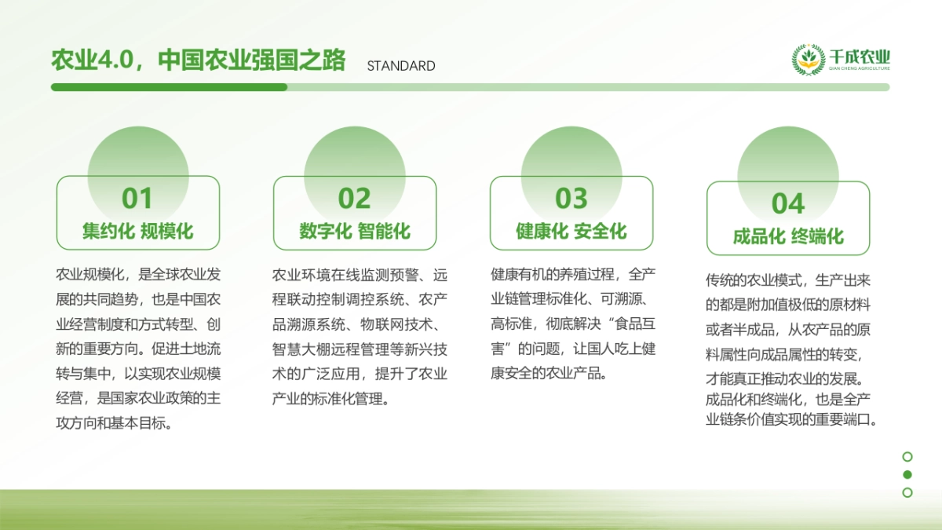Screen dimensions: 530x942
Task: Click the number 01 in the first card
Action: tap(137, 199)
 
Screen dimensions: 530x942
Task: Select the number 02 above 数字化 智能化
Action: tap(354, 199)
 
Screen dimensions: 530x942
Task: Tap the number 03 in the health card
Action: tap(571, 199)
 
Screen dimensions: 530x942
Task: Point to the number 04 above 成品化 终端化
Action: tap(788, 204)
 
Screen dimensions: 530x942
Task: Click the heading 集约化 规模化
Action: tap(137, 232)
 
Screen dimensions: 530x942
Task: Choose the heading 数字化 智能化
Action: tap(354, 232)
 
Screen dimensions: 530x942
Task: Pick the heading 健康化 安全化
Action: tap(571, 232)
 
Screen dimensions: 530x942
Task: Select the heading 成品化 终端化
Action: tap(788, 237)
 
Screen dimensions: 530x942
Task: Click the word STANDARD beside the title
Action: tap(401, 66)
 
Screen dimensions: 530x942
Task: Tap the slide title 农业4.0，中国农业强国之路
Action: tap(198, 60)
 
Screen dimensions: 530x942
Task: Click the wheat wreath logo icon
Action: tap(808, 60)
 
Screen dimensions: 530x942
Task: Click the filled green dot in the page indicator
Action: tap(907, 474)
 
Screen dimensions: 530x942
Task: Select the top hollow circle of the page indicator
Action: tap(907, 456)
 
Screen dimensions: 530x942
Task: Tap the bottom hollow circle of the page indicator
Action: tap(907, 492)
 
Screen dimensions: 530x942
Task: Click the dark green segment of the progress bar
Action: tap(169, 87)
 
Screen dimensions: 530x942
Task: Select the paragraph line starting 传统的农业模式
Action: tap(787, 280)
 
